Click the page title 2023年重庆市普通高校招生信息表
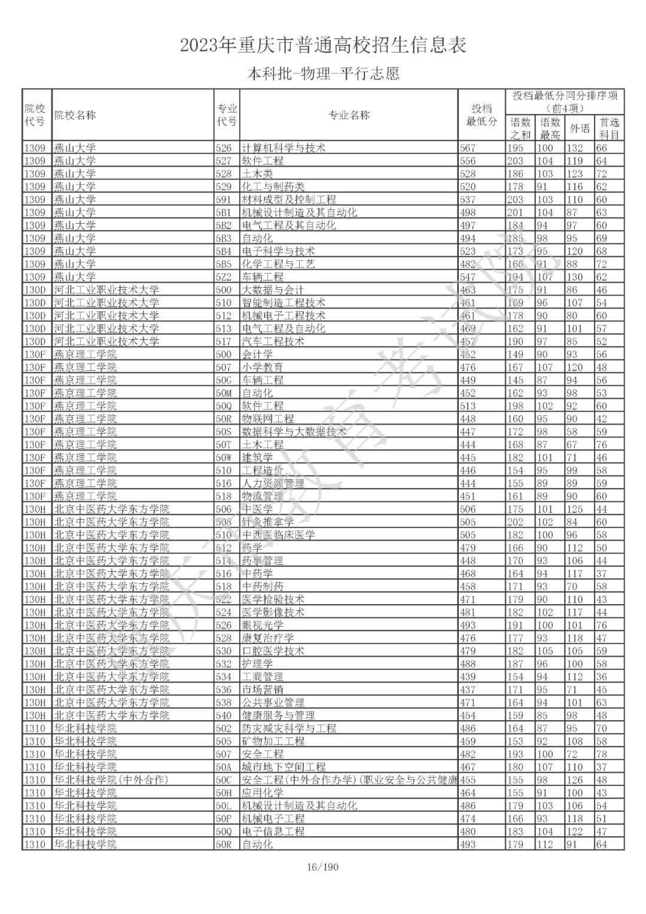click(x=323, y=45)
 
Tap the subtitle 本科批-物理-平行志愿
click(x=323, y=74)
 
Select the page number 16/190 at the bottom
click(x=322, y=867)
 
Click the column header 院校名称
click(x=75, y=115)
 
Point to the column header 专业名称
click(x=349, y=115)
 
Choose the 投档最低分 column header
click(x=482, y=115)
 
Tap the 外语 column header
click(x=579, y=128)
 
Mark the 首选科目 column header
click(x=609, y=128)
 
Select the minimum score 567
click(x=468, y=148)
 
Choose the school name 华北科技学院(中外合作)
click(x=112, y=780)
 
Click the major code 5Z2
click(x=224, y=277)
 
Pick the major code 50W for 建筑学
click(x=224, y=458)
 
